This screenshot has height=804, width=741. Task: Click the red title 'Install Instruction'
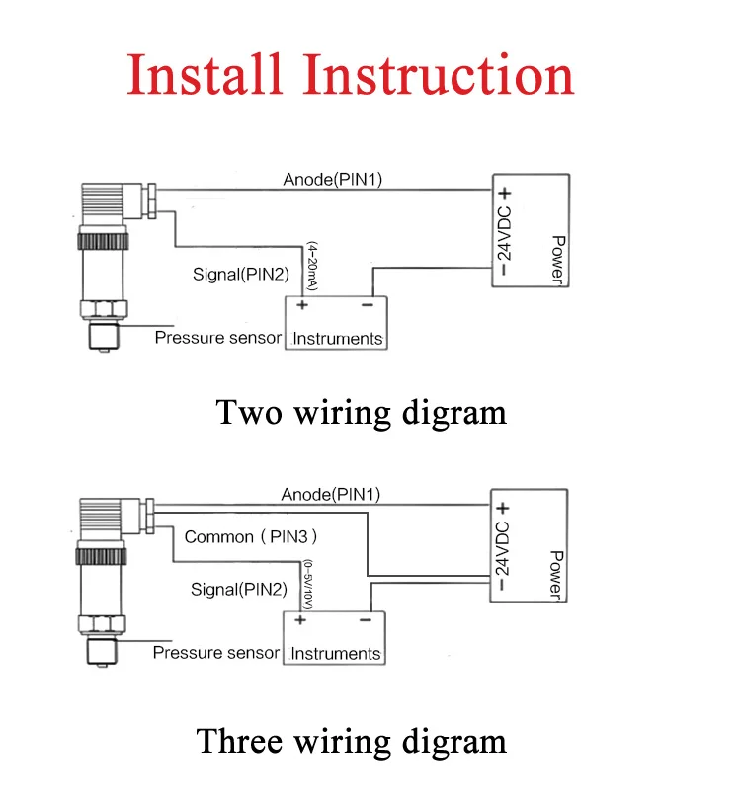coord(350,74)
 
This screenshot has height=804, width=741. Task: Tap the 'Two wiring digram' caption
coord(361,413)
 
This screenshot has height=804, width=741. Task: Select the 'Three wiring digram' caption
coord(352,742)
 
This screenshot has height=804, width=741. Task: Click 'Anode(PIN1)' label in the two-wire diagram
coord(333,180)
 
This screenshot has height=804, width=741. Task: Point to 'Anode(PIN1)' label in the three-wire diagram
coord(331,494)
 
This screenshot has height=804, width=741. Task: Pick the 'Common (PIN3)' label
coord(251,537)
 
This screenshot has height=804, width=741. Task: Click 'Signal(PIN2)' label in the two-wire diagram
coord(241,275)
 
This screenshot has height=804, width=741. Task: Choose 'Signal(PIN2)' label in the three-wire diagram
coord(239,589)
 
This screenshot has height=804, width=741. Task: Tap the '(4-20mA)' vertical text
coord(312,267)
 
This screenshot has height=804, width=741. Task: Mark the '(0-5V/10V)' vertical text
coord(308,585)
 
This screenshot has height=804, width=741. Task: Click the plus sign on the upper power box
coord(505,194)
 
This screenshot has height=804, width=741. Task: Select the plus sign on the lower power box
coord(503,508)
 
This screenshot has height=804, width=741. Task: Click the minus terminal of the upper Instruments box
coord(368,305)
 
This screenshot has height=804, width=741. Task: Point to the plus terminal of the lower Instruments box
coord(300,620)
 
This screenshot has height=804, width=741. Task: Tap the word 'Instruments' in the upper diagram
coord(338,339)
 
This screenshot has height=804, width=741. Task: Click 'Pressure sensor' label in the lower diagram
coord(216,652)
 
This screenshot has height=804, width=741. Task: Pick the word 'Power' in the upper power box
coord(558,260)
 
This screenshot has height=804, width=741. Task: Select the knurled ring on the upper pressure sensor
coord(103,242)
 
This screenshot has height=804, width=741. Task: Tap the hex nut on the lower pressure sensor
coord(103,624)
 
